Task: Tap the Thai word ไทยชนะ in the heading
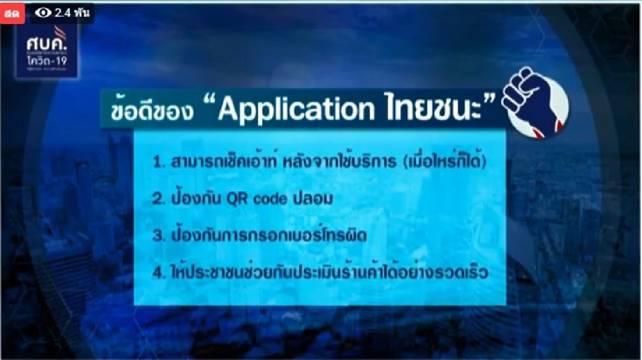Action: [x=434, y=109]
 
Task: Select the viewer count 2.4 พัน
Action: [x=72, y=13]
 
